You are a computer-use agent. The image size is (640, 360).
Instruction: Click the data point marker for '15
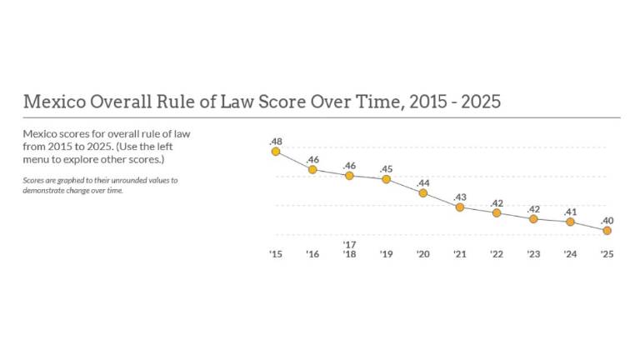tap(276, 152)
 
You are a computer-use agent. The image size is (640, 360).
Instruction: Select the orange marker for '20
tap(423, 193)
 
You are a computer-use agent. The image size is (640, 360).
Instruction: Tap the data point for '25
tap(607, 230)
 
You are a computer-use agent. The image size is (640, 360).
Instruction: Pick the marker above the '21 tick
tap(460, 207)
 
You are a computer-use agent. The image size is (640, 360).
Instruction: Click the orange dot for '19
tap(387, 179)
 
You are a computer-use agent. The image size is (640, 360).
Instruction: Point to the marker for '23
tap(534, 218)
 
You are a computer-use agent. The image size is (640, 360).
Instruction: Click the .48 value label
tap(276, 142)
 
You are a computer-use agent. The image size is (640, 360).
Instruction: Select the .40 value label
tap(607, 220)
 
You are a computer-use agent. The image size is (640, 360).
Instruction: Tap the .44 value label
tap(423, 183)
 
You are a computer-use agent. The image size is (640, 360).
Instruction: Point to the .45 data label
tap(387, 169)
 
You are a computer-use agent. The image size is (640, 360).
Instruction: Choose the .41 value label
tap(571, 212)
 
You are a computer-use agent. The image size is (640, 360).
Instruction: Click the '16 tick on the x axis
tap(312, 254)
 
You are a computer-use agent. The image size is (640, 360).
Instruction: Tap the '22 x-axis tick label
tap(497, 254)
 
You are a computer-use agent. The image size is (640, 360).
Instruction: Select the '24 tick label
tap(571, 254)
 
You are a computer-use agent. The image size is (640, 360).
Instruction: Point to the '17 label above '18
tap(349, 244)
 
